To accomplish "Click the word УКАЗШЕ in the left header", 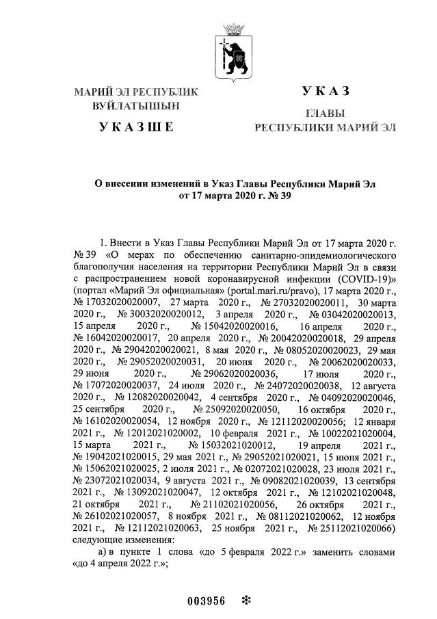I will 137,127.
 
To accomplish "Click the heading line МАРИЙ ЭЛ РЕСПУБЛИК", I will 135,91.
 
